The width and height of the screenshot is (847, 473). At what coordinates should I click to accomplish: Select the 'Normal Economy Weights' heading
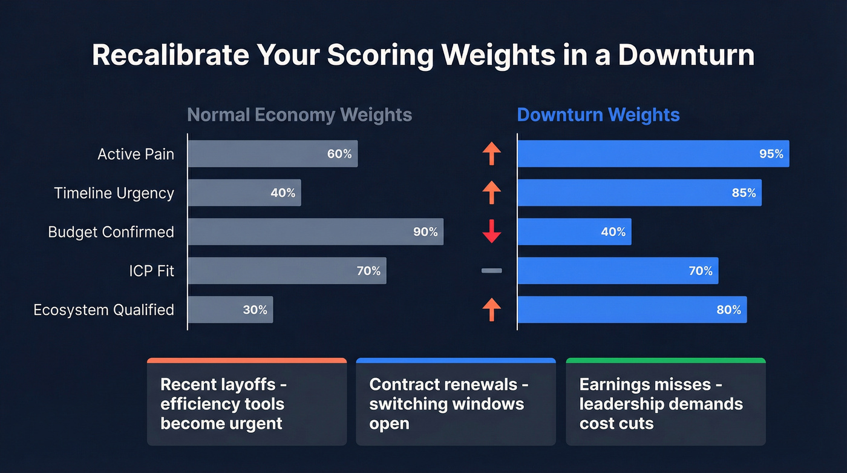[x=299, y=115]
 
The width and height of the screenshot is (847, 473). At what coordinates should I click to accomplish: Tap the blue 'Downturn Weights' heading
[x=598, y=115]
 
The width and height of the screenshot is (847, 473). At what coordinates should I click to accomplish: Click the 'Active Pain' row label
[x=136, y=154]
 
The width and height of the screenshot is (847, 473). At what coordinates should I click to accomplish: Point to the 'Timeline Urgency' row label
[x=114, y=193]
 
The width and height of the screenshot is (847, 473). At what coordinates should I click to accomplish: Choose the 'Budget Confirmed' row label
[x=111, y=232]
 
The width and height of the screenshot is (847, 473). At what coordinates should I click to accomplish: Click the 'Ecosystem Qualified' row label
[x=103, y=309]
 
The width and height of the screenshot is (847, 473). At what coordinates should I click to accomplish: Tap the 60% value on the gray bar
[x=339, y=154]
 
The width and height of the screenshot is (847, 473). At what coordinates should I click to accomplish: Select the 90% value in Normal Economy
[x=425, y=232]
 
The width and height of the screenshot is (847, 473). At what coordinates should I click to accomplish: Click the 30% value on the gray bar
[x=255, y=309]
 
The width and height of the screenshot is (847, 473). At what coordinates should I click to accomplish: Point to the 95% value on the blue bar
[x=771, y=154]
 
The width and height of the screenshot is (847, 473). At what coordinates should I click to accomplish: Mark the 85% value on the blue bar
[x=744, y=193]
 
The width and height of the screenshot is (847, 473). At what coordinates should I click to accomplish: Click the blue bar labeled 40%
[x=574, y=232]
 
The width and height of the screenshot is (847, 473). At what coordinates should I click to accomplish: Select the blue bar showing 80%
[x=632, y=309]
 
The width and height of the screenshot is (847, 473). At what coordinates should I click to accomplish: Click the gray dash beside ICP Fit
[x=492, y=271]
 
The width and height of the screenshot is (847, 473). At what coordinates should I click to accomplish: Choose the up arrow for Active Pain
[x=492, y=154]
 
